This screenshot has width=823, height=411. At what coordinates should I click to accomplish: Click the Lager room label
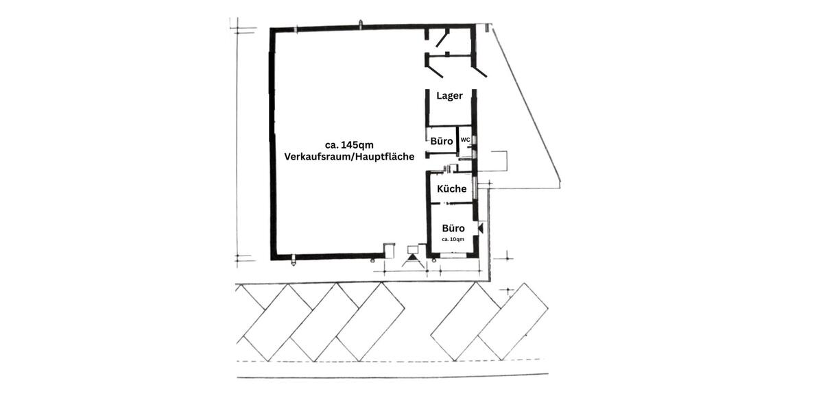pos(449,96)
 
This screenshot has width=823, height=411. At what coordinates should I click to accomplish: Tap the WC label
pos(465,140)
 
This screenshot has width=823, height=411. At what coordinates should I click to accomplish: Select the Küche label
pos(451,188)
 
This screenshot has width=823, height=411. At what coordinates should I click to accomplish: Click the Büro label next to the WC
pos(442,141)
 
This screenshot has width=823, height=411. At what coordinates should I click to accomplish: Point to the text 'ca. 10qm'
pos(453,239)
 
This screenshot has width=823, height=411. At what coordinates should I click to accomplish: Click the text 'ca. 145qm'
pos(348,145)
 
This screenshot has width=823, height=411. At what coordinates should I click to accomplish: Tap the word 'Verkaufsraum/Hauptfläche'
pos(348,156)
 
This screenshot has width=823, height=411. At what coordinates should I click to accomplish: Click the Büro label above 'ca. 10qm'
pos(453,228)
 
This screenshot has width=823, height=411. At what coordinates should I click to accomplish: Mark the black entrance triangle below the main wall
pos(413,260)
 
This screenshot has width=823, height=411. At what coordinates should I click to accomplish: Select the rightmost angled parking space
pos(512,322)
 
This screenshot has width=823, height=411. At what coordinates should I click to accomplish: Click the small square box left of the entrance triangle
pos(389,249)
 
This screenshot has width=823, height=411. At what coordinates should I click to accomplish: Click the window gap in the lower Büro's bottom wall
pos(452,255)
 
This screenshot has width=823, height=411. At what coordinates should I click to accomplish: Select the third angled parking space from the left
pos(370,322)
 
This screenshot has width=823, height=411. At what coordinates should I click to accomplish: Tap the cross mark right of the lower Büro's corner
pos(507,257)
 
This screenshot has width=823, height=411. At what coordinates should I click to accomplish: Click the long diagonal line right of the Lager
pos(526,106)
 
